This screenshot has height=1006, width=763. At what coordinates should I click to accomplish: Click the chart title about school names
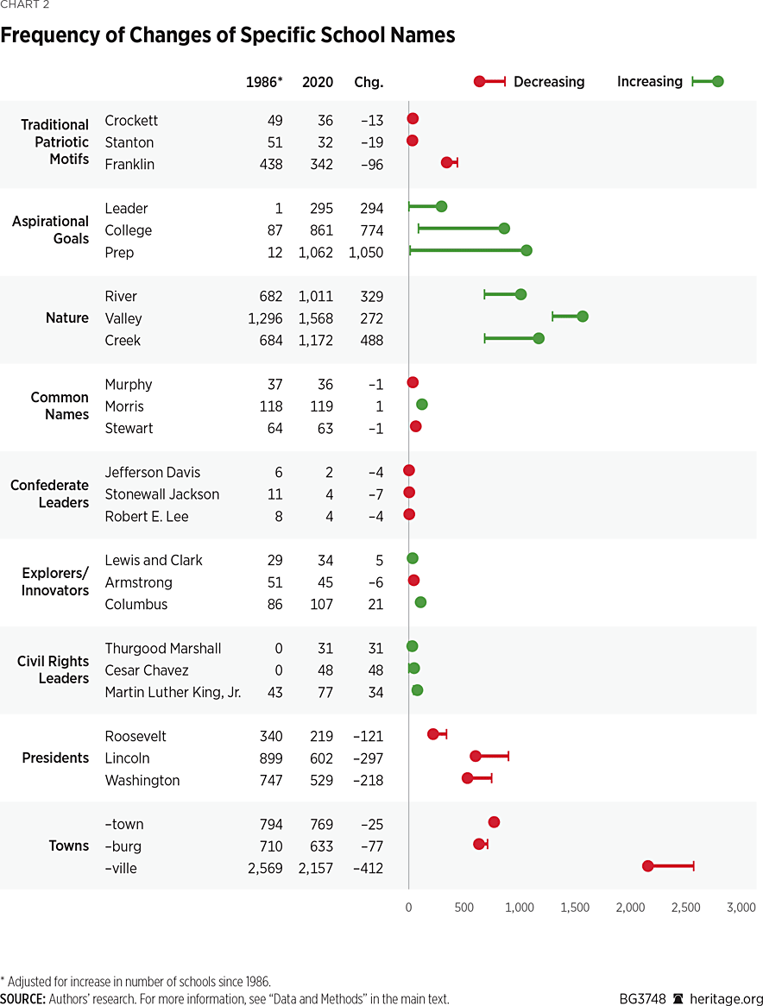pyautogui.click(x=228, y=36)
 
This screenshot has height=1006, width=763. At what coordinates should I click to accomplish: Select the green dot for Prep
pyautogui.click(x=527, y=250)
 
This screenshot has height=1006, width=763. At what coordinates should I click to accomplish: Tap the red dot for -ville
pyautogui.click(x=647, y=865)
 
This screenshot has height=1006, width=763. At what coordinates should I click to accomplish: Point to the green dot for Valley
pyautogui.click(x=583, y=317)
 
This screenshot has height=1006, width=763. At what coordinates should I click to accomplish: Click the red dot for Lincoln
pyautogui.click(x=476, y=756)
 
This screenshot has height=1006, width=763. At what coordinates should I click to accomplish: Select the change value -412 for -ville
pyautogui.click(x=368, y=869)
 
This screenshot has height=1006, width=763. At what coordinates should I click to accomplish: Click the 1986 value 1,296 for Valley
pyautogui.click(x=265, y=318)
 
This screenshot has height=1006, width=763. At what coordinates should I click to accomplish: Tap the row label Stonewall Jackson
pyautogui.click(x=162, y=494)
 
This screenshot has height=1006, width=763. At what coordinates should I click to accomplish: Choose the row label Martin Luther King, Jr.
pyautogui.click(x=173, y=693)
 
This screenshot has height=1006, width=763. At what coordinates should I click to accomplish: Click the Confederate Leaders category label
pyautogui.click(x=50, y=494)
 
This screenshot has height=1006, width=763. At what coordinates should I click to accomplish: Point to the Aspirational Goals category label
pyautogui.click(x=51, y=230)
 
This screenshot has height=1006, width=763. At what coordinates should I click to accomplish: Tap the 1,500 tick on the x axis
pyautogui.click(x=575, y=909)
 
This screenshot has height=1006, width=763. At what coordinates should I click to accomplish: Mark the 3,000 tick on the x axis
pyautogui.click(x=741, y=909)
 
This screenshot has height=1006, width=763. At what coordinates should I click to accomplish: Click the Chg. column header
pyautogui.click(x=369, y=83)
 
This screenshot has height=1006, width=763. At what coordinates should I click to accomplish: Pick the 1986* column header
pyautogui.click(x=264, y=83)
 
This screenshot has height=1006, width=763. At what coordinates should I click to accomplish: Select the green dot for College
pyautogui.click(x=504, y=229)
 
